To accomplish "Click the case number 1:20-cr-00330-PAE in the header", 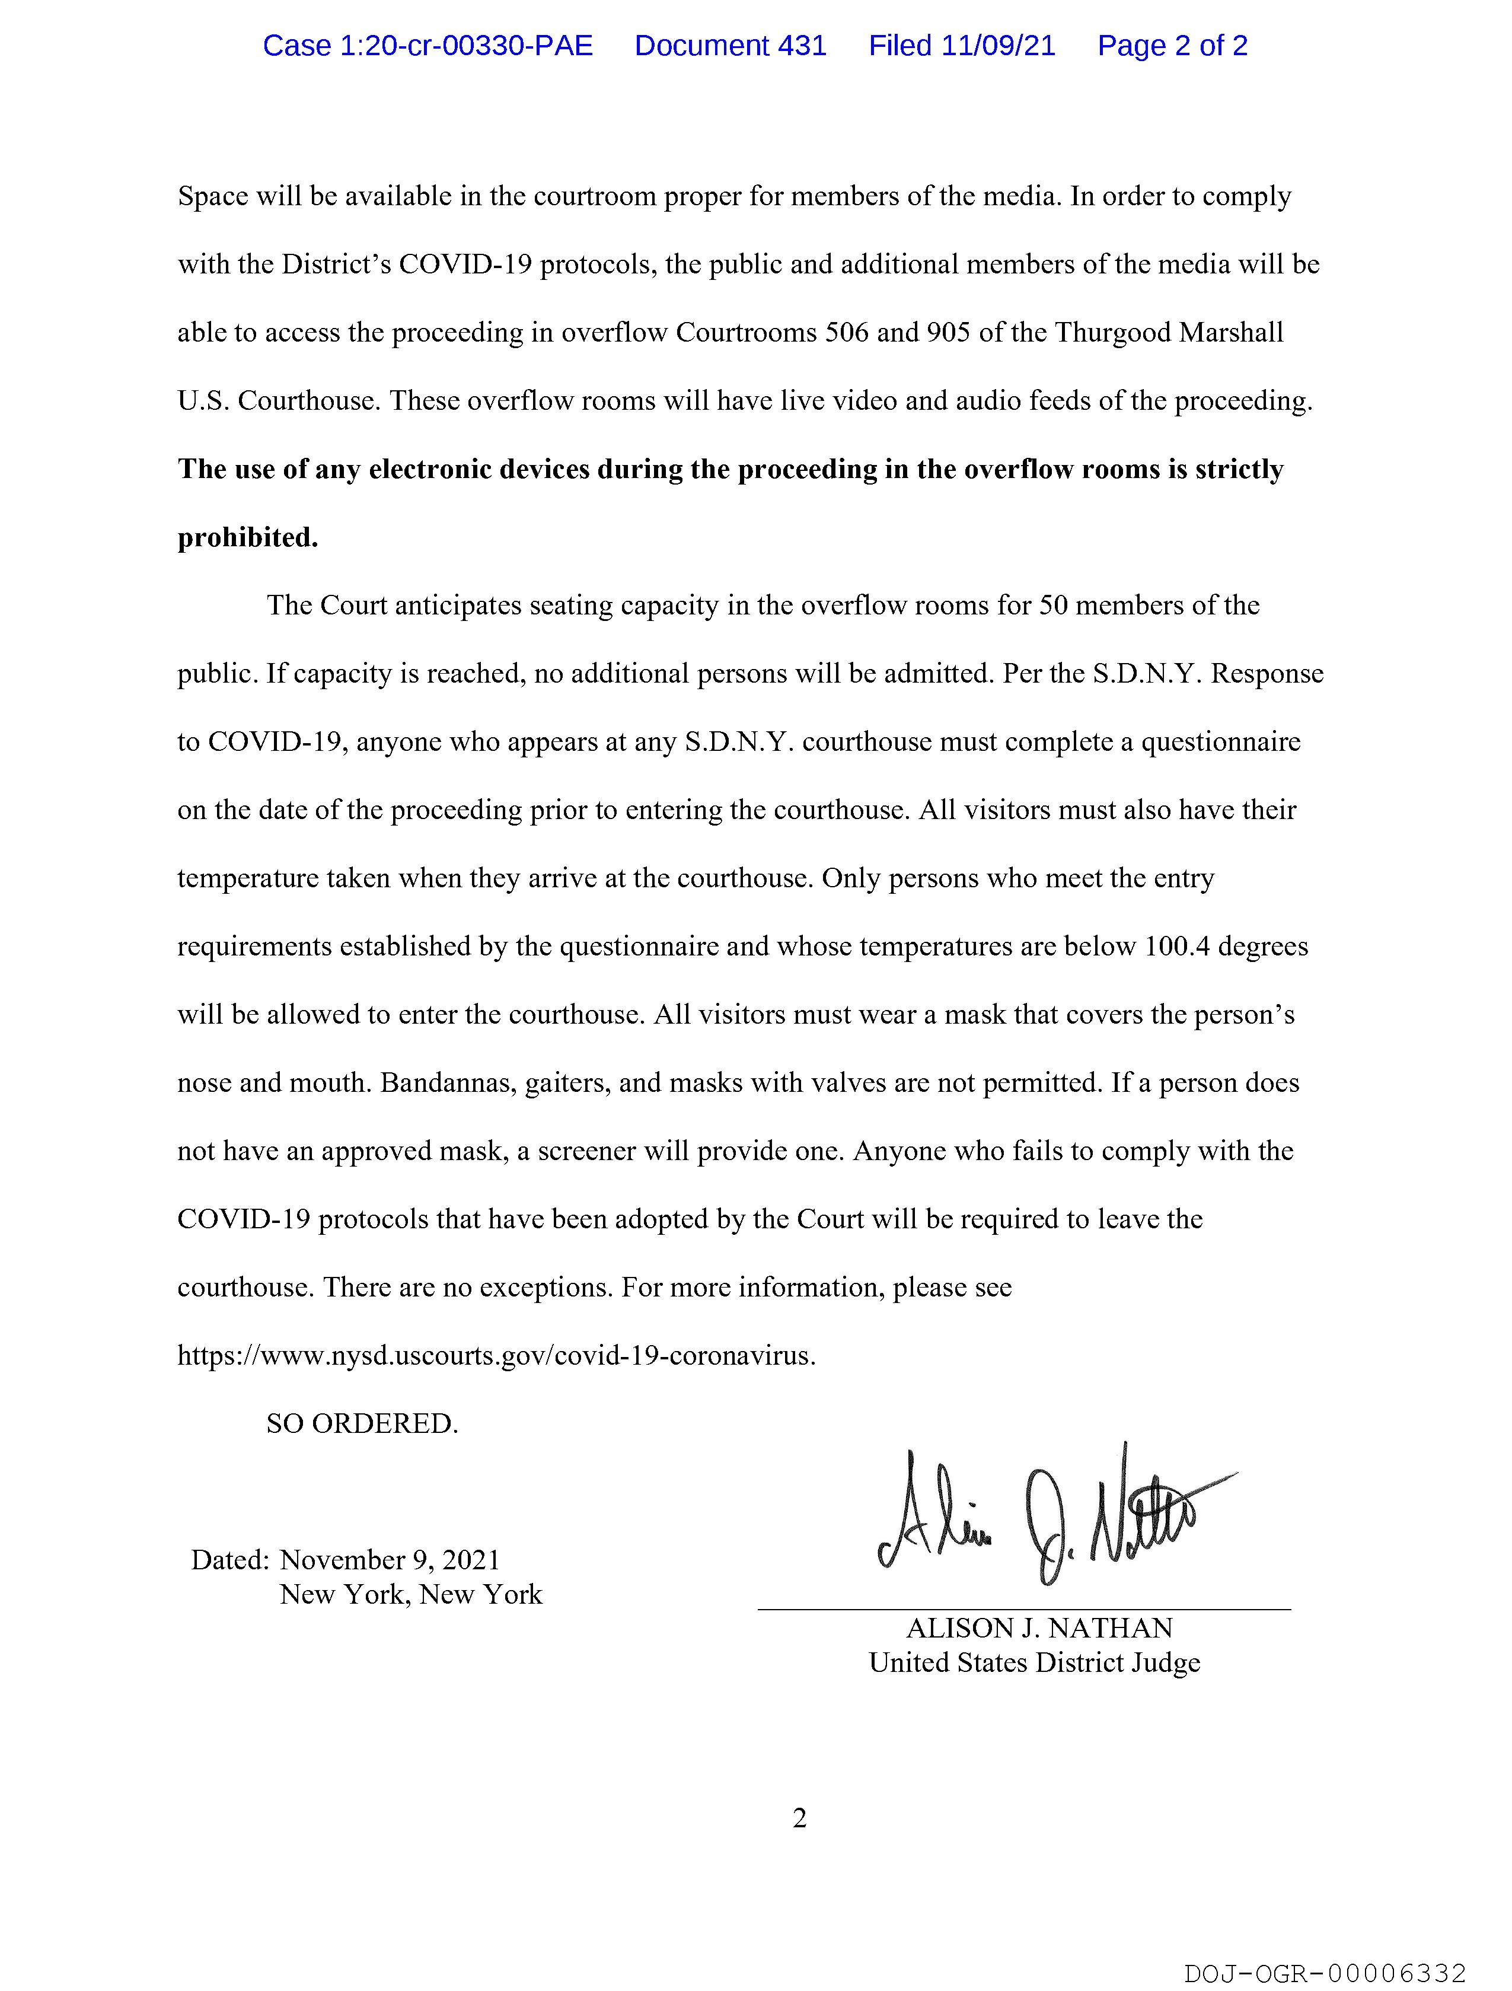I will click(428, 46).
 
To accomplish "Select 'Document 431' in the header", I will click(730, 46).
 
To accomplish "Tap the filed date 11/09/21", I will click(998, 46).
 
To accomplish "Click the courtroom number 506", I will click(846, 333).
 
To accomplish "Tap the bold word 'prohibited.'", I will click(247, 539).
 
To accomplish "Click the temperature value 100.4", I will click(1177, 947).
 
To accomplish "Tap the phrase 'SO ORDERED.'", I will click(362, 1424).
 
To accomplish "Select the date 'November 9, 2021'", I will click(390, 1560).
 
